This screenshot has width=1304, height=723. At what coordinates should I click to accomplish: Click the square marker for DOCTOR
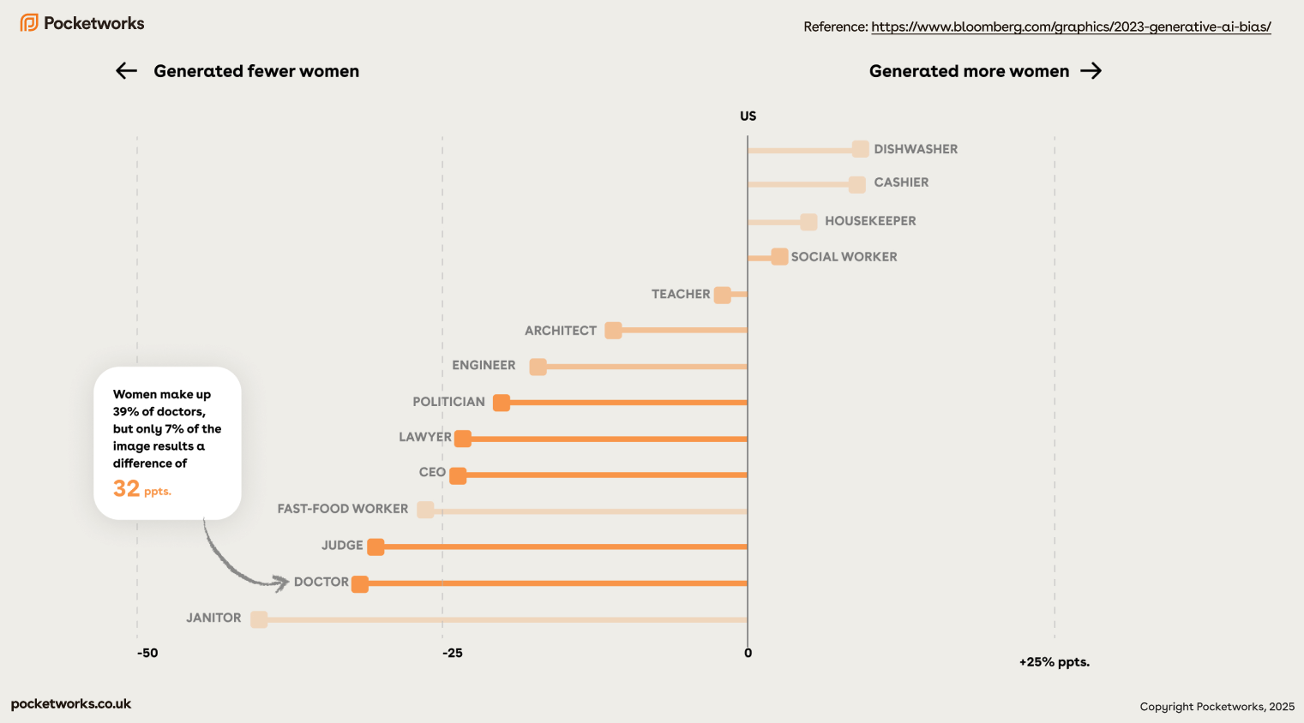[360, 584]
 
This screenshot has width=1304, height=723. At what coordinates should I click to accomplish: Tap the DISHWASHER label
[916, 149]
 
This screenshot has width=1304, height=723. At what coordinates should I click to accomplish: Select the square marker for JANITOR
[259, 619]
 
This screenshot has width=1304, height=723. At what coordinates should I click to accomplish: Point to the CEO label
[432, 472]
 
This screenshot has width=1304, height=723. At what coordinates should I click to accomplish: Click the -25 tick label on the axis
[453, 653]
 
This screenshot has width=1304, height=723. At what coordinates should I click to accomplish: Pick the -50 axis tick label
[147, 653]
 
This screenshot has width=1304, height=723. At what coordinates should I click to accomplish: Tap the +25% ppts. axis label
[1054, 662]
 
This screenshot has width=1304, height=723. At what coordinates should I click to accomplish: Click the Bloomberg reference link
[1071, 27]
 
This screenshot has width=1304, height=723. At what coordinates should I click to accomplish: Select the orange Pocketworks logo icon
[29, 23]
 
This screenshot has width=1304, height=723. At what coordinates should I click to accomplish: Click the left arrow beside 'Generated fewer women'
[127, 71]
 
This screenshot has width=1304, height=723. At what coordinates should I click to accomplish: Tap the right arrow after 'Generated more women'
[1091, 71]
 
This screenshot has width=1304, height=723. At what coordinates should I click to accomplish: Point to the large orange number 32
[126, 488]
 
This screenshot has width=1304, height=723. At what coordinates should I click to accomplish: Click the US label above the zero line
[748, 117]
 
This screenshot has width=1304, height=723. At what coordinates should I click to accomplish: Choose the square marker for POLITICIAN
[502, 403]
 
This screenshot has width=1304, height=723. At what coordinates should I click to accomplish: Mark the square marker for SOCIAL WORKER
[779, 257]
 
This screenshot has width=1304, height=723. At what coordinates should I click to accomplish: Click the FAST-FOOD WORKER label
[342, 509]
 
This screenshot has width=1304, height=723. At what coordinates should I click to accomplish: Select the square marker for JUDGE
[376, 547]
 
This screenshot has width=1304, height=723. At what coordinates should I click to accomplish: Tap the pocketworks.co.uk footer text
[71, 704]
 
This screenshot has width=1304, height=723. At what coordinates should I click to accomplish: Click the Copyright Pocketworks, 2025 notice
[1217, 707]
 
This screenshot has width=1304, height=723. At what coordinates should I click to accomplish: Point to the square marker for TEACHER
[723, 295]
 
